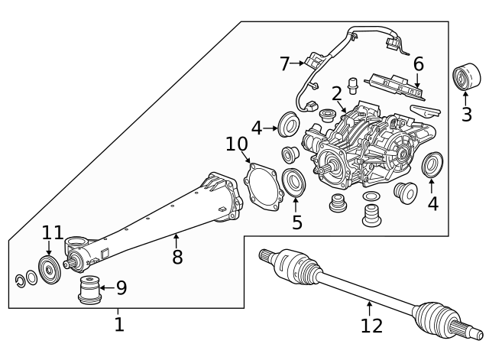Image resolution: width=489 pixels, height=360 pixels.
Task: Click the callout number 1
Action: pyautogui.click(x=118, y=325)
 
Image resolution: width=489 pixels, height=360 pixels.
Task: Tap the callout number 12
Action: pyautogui.click(x=371, y=326)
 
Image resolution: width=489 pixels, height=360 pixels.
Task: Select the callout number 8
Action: pyautogui.click(x=177, y=257)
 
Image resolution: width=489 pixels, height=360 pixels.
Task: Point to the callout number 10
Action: pyautogui.click(x=237, y=144)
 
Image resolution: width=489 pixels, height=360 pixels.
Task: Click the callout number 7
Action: pyautogui.click(x=284, y=64)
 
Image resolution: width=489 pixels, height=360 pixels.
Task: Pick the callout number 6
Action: pyautogui.click(x=419, y=64)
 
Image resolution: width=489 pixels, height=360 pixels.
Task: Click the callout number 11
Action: pyautogui.click(x=53, y=232)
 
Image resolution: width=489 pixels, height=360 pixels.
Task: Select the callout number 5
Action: pyautogui.click(x=297, y=222)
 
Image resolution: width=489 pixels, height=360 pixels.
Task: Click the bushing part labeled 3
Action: pyautogui.click(x=466, y=78)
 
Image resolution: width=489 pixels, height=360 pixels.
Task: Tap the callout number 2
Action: pyautogui.click(x=336, y=94)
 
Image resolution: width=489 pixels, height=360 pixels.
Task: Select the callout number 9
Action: pyautogui.click(x=121, y=288)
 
